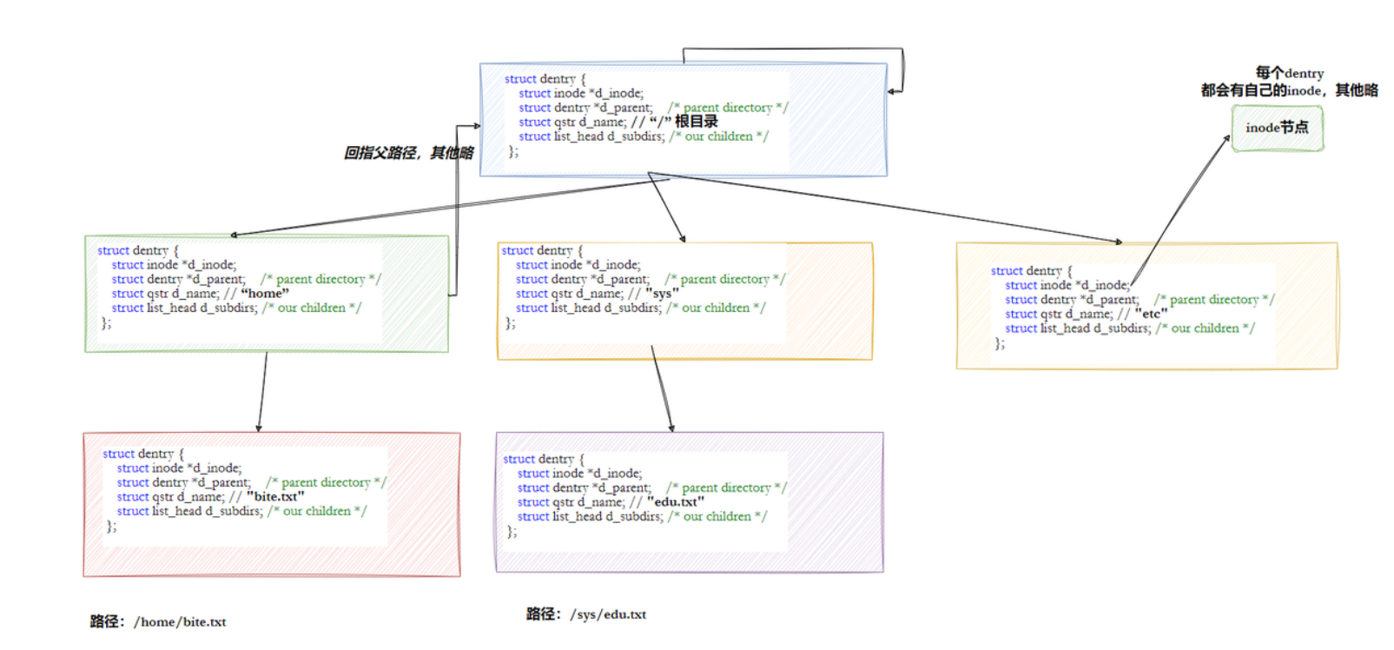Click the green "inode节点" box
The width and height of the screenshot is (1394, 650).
pyautogui.click(x=1277, y=128)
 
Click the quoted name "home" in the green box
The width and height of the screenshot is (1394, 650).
pyautogui.click(x=265, y=294)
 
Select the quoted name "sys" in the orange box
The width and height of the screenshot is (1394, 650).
pyautogui.click(x=662, y=294)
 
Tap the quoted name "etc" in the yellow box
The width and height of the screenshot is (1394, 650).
pyautogui.click(x=1151, y=314)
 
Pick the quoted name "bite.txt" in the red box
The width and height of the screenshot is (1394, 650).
pyautogui.click(x=275, y=497)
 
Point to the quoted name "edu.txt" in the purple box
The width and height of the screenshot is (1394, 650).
pyautogui.click(x=676, y=502)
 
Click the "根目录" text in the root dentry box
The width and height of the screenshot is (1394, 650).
pyautogui.click(x=697, y=122)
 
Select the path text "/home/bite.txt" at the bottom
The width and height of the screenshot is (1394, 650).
pyautogui.click(x=180, y=622)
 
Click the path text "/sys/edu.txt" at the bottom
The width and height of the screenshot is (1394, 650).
pyautogui.click(x=608, y=614)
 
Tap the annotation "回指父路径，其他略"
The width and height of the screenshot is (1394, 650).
pyautogui.click(x=408, y=153)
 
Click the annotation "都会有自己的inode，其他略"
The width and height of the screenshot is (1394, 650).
pyautogui.click(x=1289, y=90)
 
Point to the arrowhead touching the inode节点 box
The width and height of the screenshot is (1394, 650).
pyautogui.click(x=1227, y=139)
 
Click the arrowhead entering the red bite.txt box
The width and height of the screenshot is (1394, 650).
pyautogui.click(x=259, y=428)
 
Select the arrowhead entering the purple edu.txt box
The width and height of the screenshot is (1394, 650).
pyautogui.click(x=671, y=428)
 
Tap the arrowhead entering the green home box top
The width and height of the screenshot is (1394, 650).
pyautogui.click(x=235, y=235)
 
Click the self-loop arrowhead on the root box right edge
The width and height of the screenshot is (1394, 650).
pyautogui.click(x=892, y=91)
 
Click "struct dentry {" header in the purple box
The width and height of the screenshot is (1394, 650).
pyautogui.click(x=544, y=459)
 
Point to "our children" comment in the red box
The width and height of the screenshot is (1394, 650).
pyautogui.click(x=317, y=511)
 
